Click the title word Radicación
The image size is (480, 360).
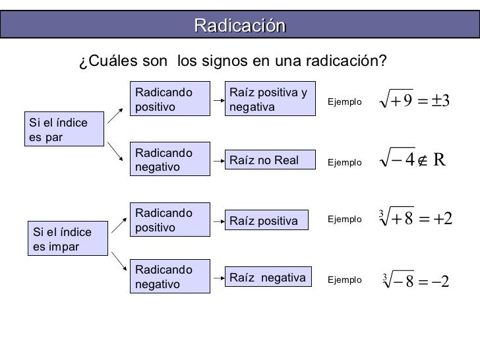pyautogui.click(x=239, y=25)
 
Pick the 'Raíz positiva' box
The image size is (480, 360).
pyautogui.click(x=268, y=221)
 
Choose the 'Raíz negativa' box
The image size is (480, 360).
pyautogui.click(x=268, y=278)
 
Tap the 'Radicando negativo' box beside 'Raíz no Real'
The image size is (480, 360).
pyautogui.click(x=171, y=160)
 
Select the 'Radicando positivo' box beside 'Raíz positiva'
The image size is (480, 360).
pyautogui.click(x=171, y=220)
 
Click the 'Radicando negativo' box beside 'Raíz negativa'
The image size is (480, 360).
pyautogui.click(x=171, y=278)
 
